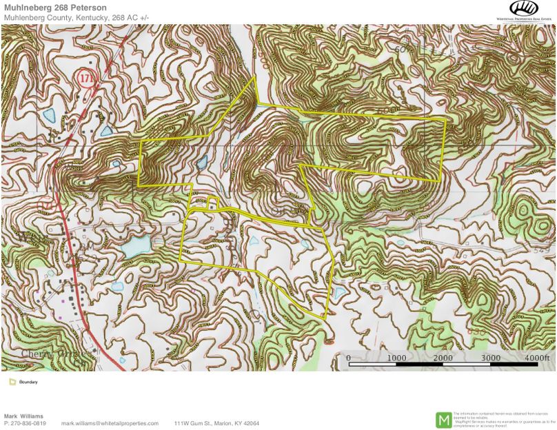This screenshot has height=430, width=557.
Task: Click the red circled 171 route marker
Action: [85, 76]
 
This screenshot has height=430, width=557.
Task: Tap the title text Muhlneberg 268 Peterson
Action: [55, 8]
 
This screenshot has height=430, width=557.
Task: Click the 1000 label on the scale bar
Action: [396, 358]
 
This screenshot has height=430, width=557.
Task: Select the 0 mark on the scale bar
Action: [348, 358]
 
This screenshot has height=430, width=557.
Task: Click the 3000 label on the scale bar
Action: [490, 358]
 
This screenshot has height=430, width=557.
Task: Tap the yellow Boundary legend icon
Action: [12, 382]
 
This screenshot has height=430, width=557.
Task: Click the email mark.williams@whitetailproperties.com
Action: [110, 423]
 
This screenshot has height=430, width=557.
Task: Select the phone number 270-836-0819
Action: [29, 423]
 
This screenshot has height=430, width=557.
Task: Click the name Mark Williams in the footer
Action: [23, 416]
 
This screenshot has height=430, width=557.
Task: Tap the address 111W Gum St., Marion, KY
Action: [216, 423]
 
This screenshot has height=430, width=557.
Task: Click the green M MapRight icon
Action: [444, 419]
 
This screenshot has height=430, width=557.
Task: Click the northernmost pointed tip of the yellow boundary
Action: [255, 76]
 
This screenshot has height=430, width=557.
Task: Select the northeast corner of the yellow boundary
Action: [445, 119]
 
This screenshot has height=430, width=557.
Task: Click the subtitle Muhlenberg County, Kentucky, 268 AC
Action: [77, 17]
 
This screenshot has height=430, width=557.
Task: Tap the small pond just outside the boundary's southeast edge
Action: [340, 292]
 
